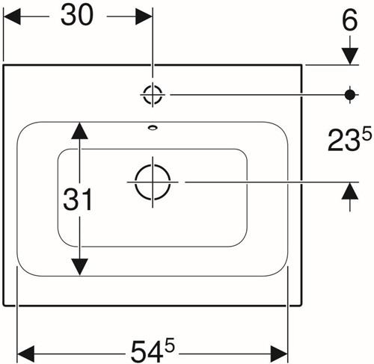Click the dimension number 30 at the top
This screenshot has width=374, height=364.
click(77, 15)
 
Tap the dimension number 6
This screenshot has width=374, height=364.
click(350, 21)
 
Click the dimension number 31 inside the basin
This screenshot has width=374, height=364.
click(78, 200)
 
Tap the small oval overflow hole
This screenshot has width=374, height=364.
click(153, 128)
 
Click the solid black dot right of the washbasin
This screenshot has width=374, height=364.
click(350, 95)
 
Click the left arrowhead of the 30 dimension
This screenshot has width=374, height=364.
click(12, 16)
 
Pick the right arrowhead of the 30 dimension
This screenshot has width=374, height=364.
click(144, 16)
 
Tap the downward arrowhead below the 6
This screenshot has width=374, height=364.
click(350, 56)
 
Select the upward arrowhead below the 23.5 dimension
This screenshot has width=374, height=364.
click(350, 191)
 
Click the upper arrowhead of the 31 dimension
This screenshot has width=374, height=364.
click(79, 131)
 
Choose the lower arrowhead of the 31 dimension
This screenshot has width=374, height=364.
click(79, 267)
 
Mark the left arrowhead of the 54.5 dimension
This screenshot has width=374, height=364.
click(25, 354)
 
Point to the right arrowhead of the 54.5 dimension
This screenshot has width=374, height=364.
click(279, 354)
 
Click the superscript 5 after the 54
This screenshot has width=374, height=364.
click(170, 345)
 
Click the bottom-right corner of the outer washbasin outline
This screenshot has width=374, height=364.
click(302, 305)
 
